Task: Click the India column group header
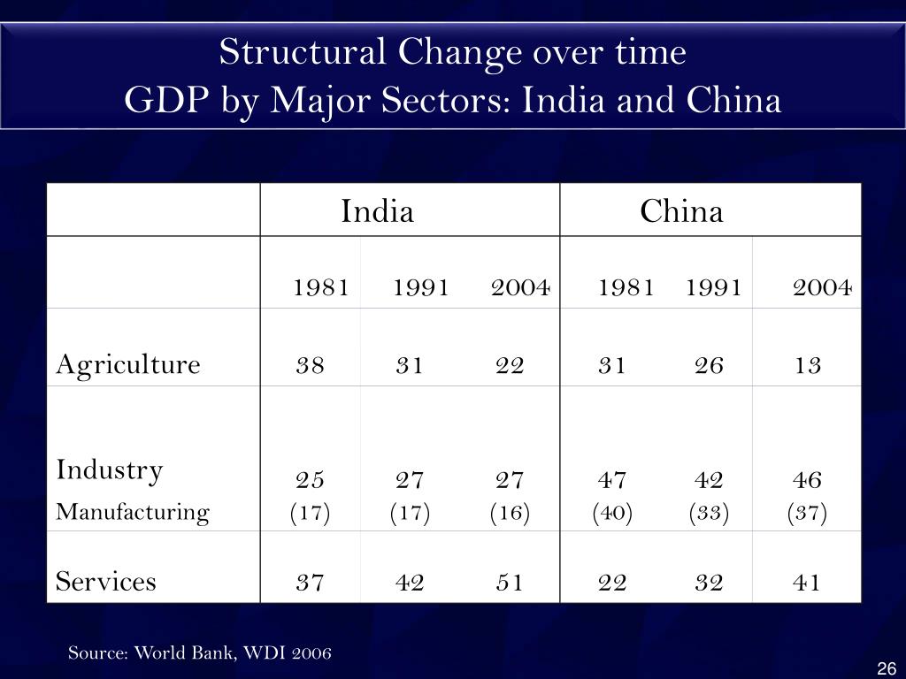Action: tap(378, 211)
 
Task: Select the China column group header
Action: tap(681, 211)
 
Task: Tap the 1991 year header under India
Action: tap(421, 286)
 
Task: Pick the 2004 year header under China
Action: tap(821, 286)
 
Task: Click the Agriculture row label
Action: tap(128, 364)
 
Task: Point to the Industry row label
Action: tap(110, 469)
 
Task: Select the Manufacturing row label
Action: tap(133, 512)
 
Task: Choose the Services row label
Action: tap(106, 581)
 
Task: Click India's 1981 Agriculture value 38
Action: tap(311, 365)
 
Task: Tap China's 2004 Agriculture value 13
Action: tap(808, 365)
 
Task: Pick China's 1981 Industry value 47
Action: tap(612, 480)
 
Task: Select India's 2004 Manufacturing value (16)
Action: tap(510, 513)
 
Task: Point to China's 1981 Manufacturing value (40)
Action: tap(612, 513)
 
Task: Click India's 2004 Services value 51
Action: tap(510, 582)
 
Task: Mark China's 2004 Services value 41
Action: tap(807, 582)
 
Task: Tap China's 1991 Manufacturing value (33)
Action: tap(709, 513)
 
